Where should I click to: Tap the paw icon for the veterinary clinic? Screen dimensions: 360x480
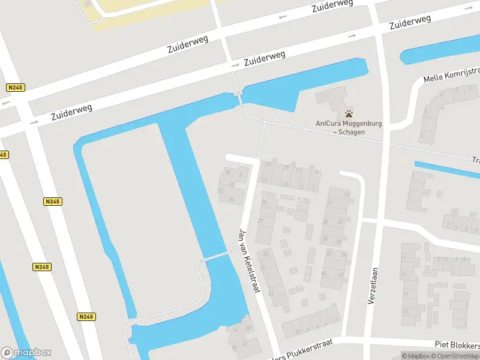click(x=349, y=113)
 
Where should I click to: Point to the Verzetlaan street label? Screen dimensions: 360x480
click(x=374, y=288)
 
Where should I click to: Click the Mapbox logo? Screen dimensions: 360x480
click(x=26, y=353)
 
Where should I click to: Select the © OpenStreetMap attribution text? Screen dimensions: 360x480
click(x=454, y=356)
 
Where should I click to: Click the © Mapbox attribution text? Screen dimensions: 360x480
click(x=415, y=356)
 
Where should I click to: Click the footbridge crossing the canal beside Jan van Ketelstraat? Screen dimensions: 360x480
click(x=217, y=256)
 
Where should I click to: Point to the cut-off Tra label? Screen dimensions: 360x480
click(x=475, y=160)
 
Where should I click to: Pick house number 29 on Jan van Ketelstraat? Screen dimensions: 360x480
click(x=260, y=221)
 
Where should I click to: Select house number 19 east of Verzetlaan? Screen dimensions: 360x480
click(x=411, y=295)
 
